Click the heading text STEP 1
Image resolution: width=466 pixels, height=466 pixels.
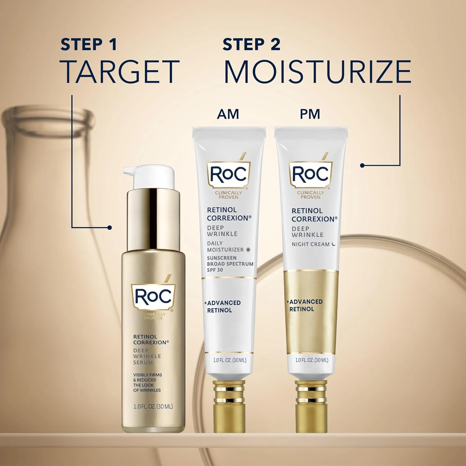(89, 44)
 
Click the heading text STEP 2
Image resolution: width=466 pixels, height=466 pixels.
(251, 44)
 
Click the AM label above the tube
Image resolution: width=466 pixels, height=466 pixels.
(228, 114)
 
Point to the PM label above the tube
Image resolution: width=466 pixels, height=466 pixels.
(310, 114)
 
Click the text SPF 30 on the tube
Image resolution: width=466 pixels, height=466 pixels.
(215, 270)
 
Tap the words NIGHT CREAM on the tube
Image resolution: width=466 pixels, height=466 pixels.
(310, 244)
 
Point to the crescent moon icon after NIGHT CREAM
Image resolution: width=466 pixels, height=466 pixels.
(334, 244)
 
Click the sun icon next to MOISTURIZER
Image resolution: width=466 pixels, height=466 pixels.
(248, 249)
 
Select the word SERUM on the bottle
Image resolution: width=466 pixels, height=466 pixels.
(143, 362)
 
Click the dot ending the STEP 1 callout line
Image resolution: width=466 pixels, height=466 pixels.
(109, 228)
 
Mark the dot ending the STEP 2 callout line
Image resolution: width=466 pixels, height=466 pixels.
(362, 166)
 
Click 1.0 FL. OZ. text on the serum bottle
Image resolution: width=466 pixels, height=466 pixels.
(153, 406)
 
